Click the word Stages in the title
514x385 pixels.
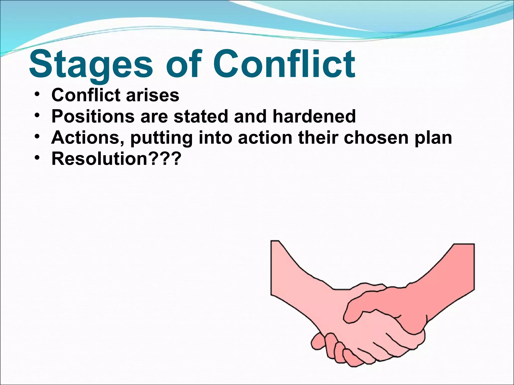point(91,65)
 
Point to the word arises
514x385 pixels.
point(153,95)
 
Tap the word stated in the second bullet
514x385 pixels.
point(201,116)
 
